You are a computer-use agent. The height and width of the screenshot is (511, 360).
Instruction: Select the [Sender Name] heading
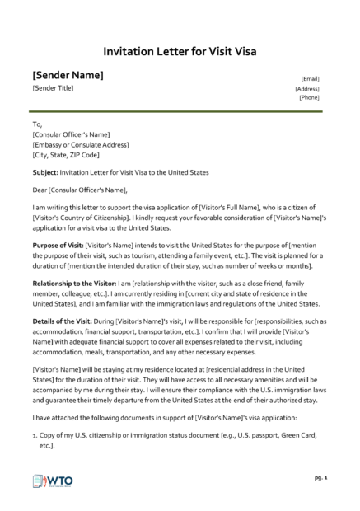[x=68, y=75]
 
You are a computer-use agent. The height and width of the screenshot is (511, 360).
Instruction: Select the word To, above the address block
[x=37, y=124]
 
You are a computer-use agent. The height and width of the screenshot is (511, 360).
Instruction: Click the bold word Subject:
[x=46, y=172]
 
